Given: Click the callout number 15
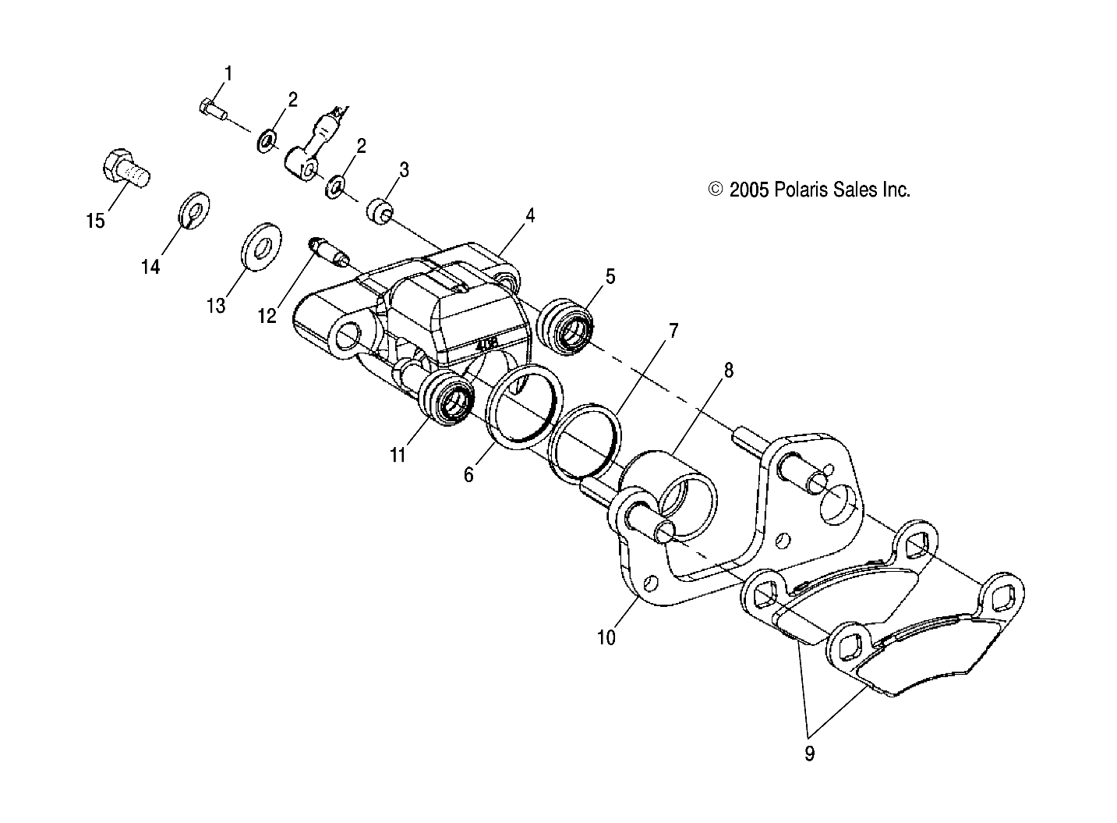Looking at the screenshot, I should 94,222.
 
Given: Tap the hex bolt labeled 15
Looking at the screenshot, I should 125,168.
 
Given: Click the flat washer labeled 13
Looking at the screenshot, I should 258,247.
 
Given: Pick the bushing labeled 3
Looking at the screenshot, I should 380,211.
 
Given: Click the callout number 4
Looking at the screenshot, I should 530,216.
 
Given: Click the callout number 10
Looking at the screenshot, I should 606,637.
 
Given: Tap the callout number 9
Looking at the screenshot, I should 809,754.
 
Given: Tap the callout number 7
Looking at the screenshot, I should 673,330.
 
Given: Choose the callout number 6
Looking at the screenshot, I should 468,474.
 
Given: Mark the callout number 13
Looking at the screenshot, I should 215,306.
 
